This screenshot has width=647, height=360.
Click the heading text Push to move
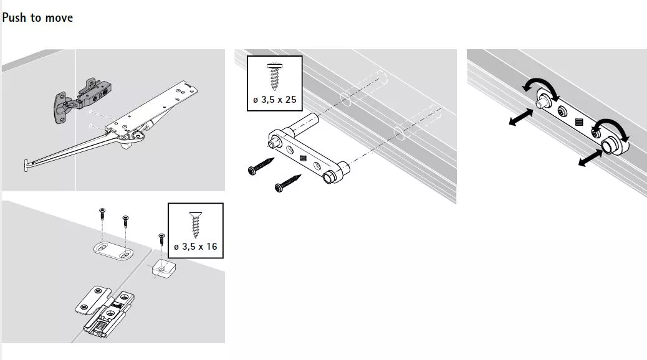(x=37, y=17)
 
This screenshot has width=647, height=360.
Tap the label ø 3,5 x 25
(x=275, y=100)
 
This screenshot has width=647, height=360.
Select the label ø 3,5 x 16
(x=196, y=247)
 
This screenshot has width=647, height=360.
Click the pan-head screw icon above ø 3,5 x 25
(x=274, y=76)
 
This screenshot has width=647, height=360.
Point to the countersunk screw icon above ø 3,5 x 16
(x=196, y=224)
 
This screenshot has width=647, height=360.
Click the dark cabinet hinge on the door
(x=82, y=100)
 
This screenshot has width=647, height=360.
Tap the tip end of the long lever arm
(x=26, y=165)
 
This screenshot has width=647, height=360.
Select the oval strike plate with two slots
(x=113, y=251)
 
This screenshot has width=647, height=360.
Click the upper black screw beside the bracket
(x=261, y=166)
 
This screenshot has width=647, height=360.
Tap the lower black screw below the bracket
(x=287, y=182)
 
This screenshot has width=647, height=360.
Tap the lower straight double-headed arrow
(x=590, y=158)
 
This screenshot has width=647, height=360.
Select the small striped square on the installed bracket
(x=579, y=122)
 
